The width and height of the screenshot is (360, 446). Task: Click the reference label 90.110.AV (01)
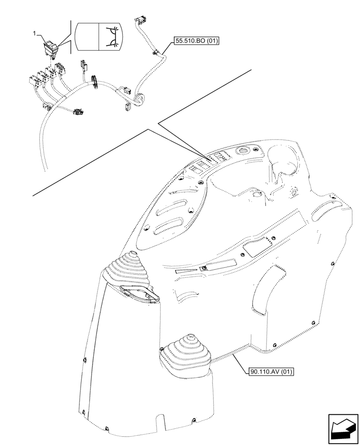click(269, 371)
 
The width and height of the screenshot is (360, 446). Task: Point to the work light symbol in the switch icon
click(110, 37)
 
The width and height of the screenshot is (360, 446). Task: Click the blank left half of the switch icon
click(86, 37)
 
